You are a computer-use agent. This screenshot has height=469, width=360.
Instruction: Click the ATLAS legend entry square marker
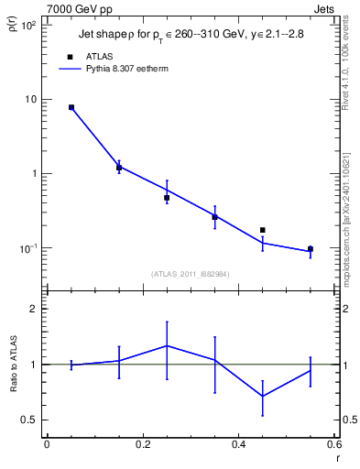point(71,56)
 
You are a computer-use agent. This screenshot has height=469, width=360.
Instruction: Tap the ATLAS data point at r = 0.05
point(71,107)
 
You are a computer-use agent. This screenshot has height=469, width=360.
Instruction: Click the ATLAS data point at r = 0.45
point(263,230)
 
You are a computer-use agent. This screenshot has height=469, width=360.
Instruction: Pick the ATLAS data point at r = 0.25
point(167,198)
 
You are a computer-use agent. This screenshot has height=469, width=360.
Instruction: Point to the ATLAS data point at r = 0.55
point(311,249)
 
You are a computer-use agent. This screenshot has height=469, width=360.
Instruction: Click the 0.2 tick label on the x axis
point(142,444)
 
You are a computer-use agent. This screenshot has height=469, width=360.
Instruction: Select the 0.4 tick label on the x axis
point(238,444)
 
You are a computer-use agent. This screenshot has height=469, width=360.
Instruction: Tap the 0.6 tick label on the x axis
point(333,444)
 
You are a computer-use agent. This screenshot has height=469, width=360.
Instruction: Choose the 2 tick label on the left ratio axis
point(35,309)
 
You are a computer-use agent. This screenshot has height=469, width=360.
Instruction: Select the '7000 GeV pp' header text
point(75,8)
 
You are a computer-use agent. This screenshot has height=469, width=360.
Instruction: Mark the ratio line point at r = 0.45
point(263,396)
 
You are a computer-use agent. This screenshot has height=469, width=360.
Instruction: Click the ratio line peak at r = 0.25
point(167,345)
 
